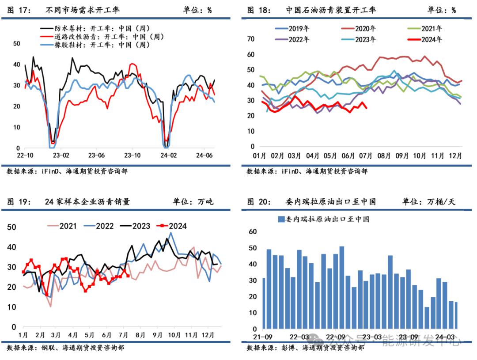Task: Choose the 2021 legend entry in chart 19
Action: click(x=68, y=226)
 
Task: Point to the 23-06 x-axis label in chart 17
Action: click(x=96, y=155)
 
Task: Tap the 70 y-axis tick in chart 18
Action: click(x=251, y=39)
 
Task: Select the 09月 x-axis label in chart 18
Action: click(x=401, y=156)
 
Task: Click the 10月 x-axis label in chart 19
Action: click(x=174, y=335)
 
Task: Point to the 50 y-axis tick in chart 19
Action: click(x=13, y=227)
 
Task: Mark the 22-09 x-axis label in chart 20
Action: click(x=336, y=337)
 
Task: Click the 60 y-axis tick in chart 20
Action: click(x=253, y=231)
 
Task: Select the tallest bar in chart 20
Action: click(x=341, y=288)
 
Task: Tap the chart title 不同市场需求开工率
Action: click(x=83, y=10)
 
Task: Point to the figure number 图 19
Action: click(x=19, y=202)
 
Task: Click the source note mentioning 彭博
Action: click(x=305, y=348)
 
